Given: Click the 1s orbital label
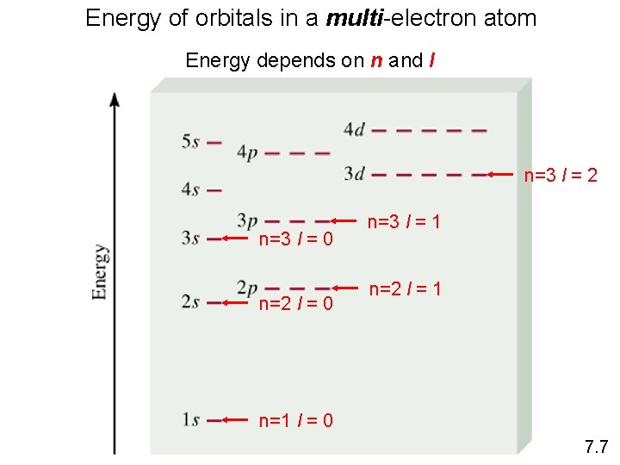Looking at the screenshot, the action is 190,420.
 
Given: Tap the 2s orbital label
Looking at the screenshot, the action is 190,302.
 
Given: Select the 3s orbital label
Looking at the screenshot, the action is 190,239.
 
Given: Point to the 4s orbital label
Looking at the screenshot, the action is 190,189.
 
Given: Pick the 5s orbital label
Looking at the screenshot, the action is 190,142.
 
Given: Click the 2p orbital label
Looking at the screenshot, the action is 247,288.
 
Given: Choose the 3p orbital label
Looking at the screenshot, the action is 247,221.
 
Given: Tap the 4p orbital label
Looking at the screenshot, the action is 247,154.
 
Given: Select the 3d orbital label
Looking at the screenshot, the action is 354,174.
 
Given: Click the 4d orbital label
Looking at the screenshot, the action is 354,130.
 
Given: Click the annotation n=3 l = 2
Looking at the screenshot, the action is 561,176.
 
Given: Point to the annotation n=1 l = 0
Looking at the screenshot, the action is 296,421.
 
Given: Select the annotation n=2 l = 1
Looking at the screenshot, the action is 405,288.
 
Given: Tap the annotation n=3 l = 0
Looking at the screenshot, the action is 296,238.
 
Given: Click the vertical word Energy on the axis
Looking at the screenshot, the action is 101,272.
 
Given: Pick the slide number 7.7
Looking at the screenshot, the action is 596,447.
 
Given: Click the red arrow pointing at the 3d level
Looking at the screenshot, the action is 504,175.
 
